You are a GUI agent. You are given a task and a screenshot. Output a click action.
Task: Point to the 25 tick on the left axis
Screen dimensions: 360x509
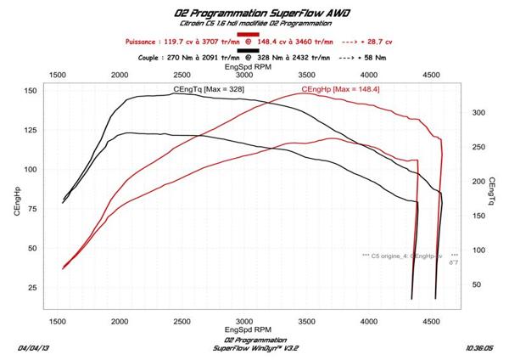31,288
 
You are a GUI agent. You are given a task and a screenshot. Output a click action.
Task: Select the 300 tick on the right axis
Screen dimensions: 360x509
478,112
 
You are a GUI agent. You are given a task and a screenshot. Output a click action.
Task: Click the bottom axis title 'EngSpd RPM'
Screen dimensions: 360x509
255,330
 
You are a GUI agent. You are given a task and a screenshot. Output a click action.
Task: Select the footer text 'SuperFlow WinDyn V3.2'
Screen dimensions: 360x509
255,348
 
